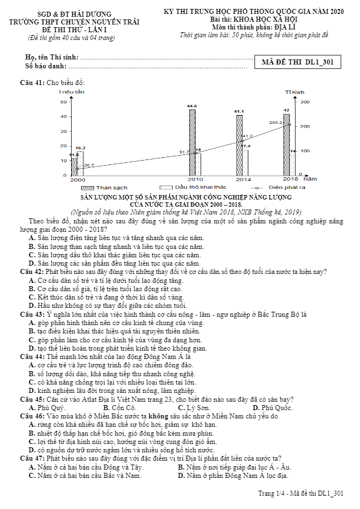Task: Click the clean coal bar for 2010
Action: coord(192,142)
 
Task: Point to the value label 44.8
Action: coord(192,106)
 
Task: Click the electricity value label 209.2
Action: coord(276,122)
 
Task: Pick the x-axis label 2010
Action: coord(195,179)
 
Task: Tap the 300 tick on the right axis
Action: coord(304,102)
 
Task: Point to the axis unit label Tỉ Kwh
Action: coord(295,92)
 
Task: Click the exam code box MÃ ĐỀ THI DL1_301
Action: coord(297,62)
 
